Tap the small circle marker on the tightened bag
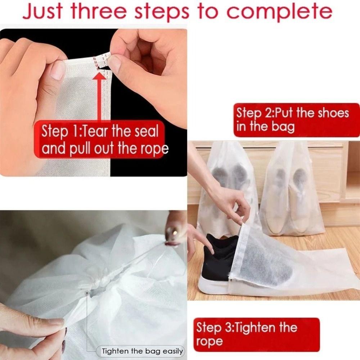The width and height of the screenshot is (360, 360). (x=87, y=293)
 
